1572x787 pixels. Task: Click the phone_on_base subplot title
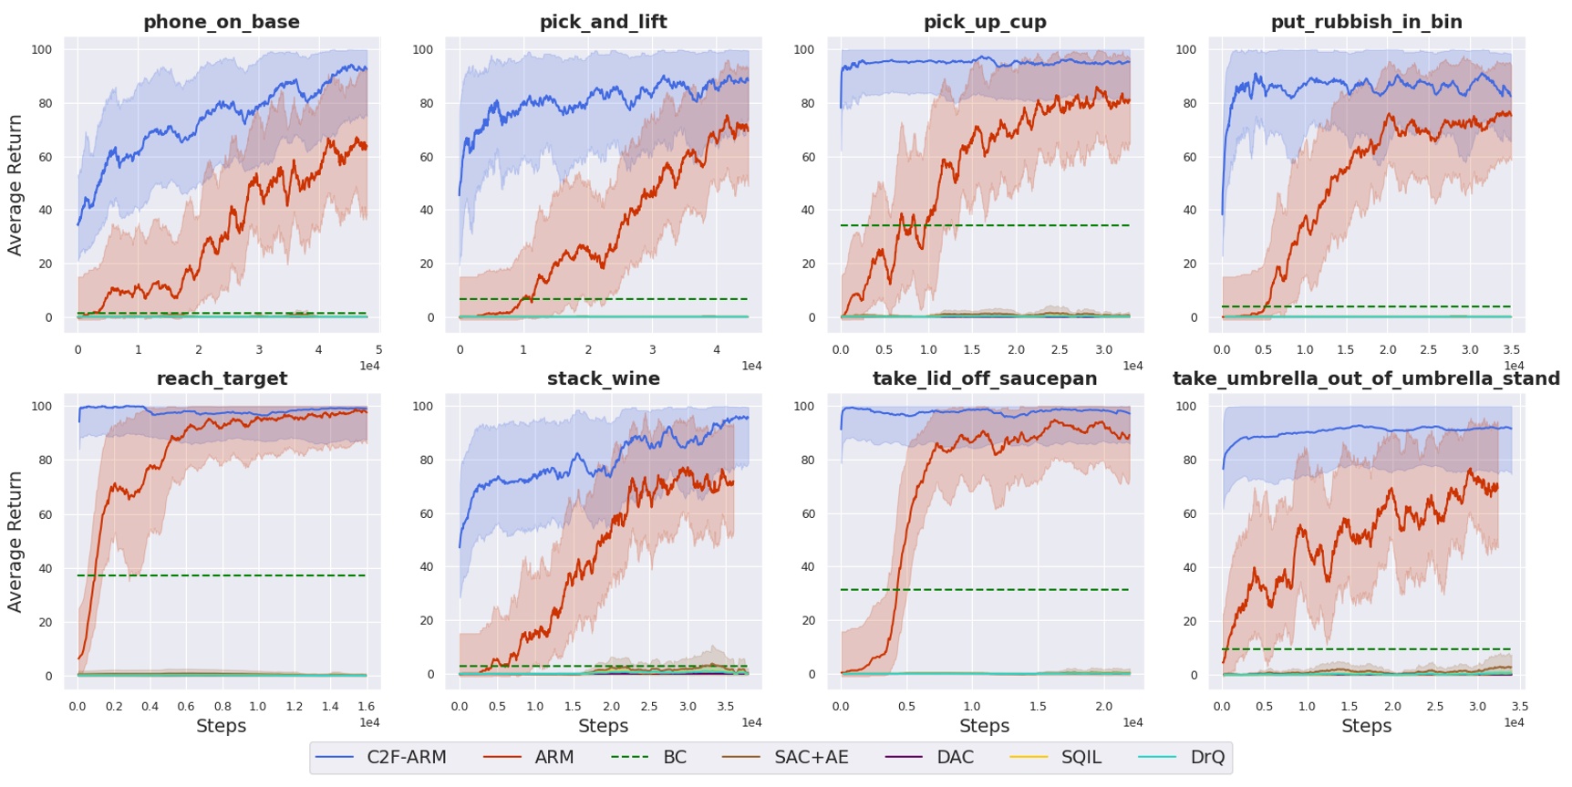pos(221,22)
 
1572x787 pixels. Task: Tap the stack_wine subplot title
pos(603,378)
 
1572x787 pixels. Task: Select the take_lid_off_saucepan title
pos(984,378)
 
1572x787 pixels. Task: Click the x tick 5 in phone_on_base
pos(378,350)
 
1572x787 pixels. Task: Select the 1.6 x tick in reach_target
pos(366,707)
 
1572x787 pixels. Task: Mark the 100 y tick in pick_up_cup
pos(803,50)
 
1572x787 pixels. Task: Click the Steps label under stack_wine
pos(603,727)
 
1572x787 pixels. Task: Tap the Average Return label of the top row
pos(15,185)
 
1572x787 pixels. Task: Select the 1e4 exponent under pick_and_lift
pos(751,367)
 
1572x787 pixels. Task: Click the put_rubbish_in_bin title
pos(1366,22)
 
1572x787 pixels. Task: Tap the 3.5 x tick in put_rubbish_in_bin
pos(1511,350)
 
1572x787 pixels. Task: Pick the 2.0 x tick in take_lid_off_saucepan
pos(1103,707)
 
